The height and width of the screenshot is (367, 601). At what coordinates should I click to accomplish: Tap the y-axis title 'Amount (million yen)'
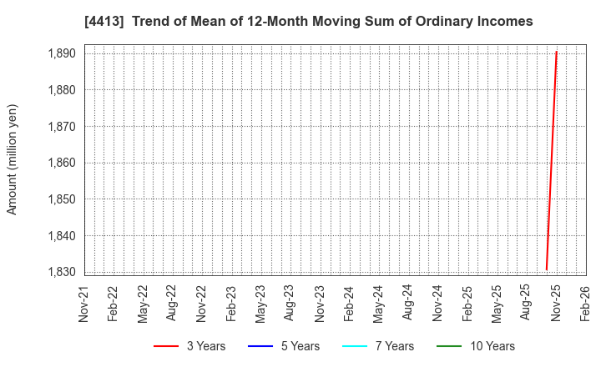13,159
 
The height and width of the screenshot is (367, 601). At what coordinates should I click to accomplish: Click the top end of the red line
556,52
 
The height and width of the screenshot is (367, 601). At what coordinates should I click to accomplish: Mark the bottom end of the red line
547,269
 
